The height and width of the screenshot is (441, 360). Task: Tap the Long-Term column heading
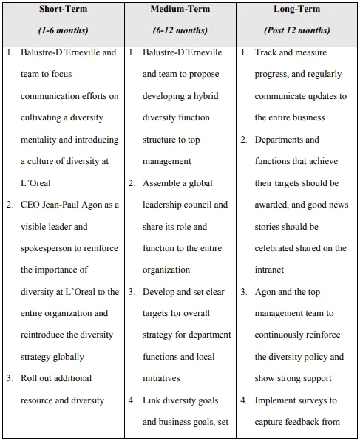[x=297, y=9]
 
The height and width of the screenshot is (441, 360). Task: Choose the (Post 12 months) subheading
[x=297, y=30]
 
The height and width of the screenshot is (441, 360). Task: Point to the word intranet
[x=271, y=270]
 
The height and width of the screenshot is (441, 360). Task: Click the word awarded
[x=275, y=205]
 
